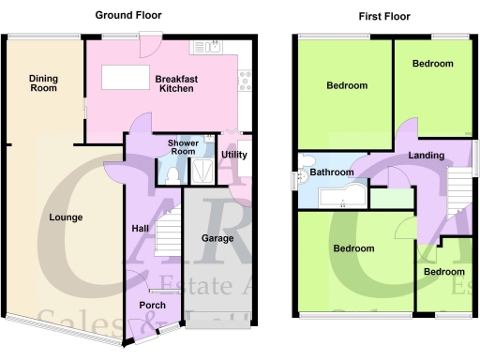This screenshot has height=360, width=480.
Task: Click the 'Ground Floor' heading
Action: click(x=128, y=15)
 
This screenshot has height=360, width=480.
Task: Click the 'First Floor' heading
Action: click(x=384, y=16)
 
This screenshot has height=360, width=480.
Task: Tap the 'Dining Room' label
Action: click(x=42, y=83)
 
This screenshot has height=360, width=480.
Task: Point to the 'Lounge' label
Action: click(x=67, y=217)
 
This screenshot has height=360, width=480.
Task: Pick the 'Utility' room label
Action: click(x=233, y=155)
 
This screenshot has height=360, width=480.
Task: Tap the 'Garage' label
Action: click(x=217, y=238)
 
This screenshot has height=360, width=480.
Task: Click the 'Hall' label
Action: click(x=137, y=229)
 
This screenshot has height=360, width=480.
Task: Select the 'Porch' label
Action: click(x=152, y=306)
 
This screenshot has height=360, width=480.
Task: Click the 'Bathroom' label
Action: click(x=333, y=172)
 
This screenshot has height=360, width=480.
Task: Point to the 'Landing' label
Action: click(x=426, y=156)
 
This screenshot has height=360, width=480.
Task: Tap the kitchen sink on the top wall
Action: click(x=205, y=46)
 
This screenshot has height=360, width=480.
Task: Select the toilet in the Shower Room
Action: click(x=171, y=173)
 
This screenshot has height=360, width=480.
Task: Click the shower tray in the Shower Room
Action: click(x=202, y=172)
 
